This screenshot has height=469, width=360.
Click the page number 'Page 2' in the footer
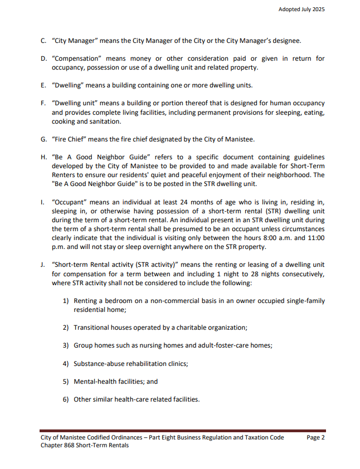316,438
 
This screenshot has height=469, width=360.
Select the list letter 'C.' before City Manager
43,41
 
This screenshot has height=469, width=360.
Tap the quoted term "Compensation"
73,59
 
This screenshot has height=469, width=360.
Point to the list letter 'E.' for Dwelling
43,85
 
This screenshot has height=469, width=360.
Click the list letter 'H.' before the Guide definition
44,158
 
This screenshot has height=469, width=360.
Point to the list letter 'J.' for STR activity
43,265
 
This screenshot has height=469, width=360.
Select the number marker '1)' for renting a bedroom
65,301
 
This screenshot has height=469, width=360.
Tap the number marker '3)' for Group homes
65,345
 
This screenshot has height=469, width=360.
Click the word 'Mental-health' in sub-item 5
93,382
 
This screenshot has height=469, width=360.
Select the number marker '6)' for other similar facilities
65,399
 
